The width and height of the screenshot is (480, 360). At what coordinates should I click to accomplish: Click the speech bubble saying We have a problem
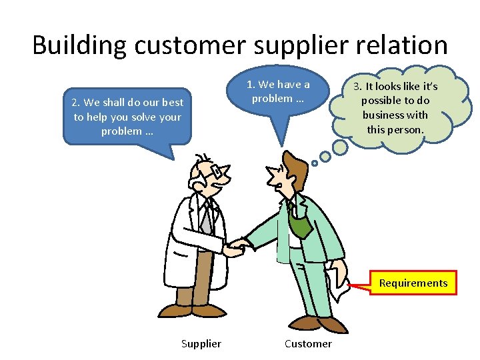278,92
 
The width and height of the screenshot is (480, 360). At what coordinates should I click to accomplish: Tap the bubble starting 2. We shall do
127,117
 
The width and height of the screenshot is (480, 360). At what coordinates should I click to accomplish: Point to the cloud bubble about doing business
399,107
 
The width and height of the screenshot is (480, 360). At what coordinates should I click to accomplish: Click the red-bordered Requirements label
413,283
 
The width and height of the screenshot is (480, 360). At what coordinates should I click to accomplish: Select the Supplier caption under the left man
201,343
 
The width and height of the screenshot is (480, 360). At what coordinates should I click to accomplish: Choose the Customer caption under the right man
307,343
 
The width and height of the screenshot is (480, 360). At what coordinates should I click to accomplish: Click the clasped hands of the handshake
235,247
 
